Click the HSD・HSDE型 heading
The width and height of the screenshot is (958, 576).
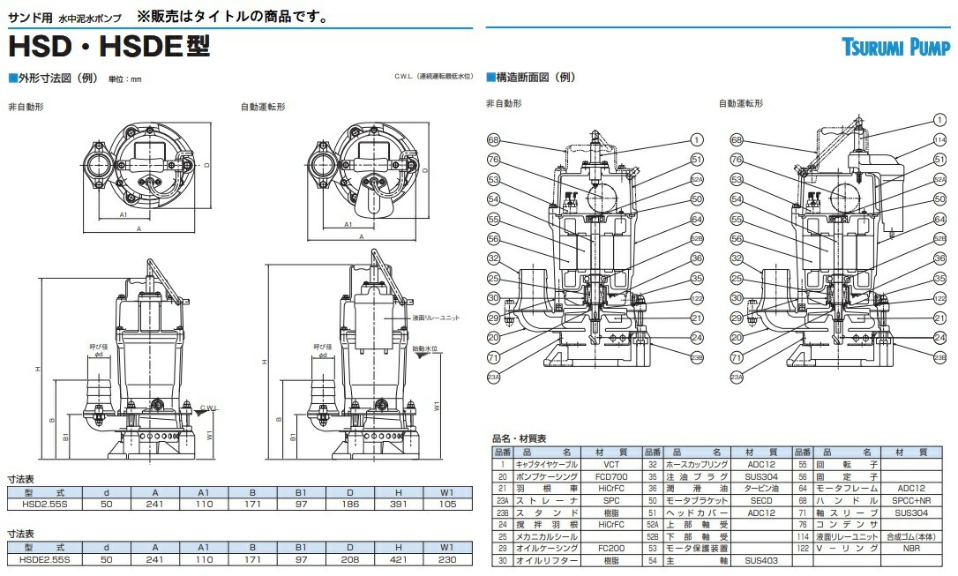[109, 45]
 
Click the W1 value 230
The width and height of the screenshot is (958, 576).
[448, 560]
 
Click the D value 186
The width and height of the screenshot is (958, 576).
[351, 503]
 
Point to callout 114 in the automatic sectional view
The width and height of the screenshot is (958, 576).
[940, 140]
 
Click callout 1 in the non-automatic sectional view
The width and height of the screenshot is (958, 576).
[697, 139]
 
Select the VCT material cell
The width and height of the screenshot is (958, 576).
[611, 463]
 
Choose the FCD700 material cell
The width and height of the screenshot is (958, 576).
[611, 475]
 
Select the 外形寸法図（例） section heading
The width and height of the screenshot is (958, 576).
[54, 78]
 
